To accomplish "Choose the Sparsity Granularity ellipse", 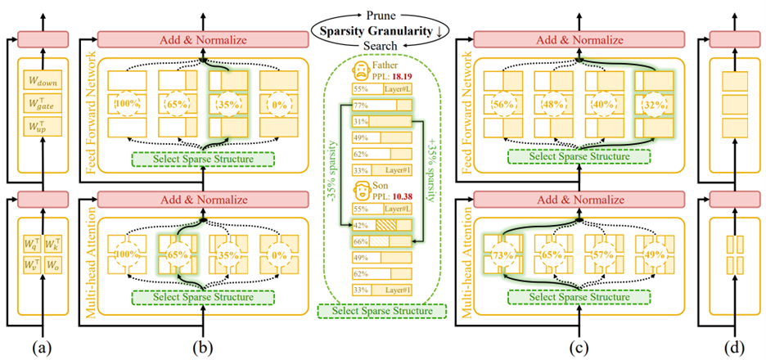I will coord(383,29).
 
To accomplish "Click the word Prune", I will coord(382,11).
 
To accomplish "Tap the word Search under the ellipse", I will coord(382,47).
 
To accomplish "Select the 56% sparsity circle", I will coord(504,106).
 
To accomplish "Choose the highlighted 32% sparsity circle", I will coord(654,106).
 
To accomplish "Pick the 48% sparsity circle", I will coord(554,106).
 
